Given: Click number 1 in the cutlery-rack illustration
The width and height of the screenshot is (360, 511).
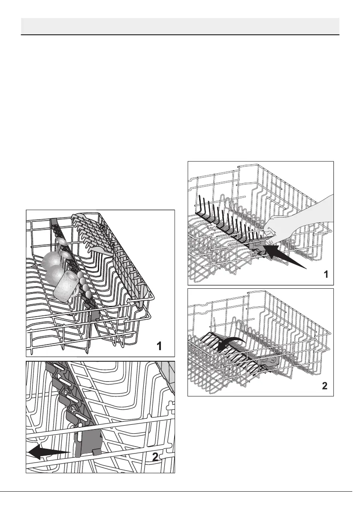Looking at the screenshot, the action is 159,346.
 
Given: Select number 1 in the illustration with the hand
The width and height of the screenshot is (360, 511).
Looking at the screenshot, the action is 326,275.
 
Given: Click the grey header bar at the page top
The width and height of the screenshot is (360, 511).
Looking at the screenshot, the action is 180,27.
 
